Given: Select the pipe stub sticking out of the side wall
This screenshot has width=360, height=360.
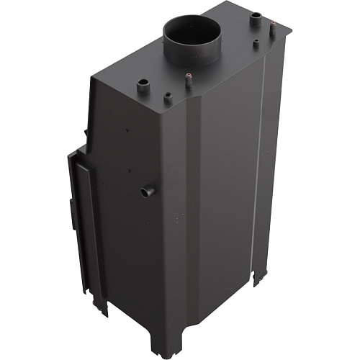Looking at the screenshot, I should (148, 192).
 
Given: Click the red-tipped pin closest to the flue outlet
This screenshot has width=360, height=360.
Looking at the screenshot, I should (189, 80).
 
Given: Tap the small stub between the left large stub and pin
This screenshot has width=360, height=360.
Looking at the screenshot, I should (167, 96).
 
